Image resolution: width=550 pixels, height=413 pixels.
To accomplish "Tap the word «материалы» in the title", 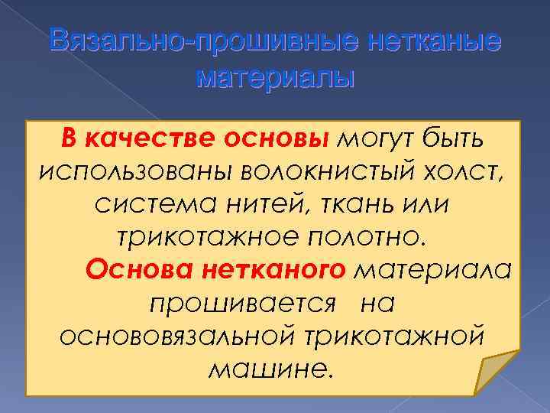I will coord(276,77).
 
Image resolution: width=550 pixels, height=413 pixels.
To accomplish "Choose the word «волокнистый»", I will coord(302,172).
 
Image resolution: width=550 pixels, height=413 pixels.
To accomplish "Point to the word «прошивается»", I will coord(242,304).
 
